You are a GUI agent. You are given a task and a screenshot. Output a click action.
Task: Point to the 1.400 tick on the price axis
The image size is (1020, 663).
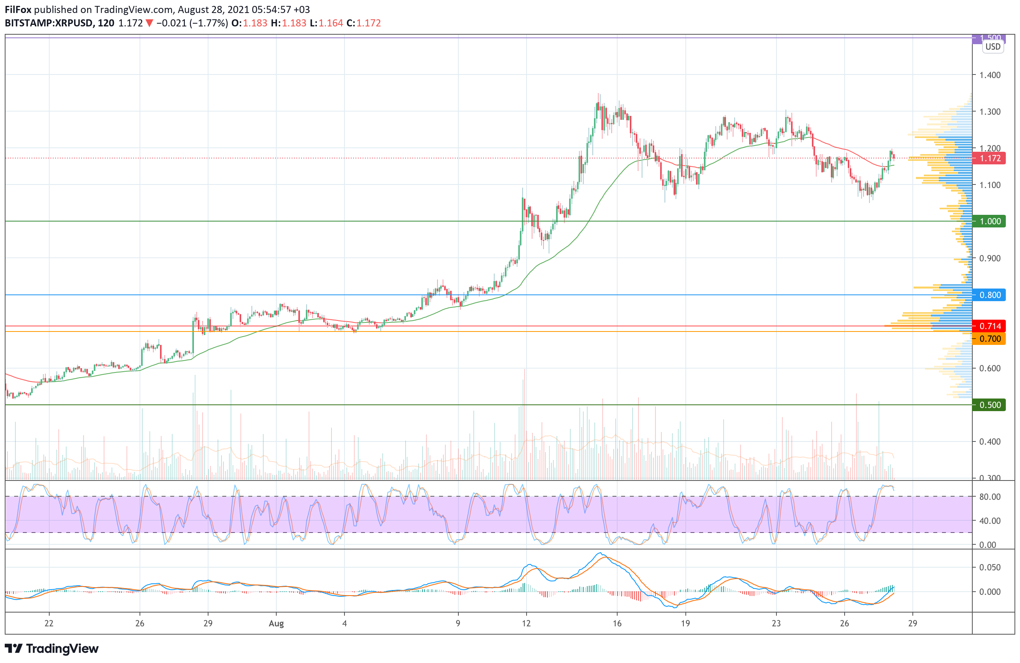[x=990, y=75]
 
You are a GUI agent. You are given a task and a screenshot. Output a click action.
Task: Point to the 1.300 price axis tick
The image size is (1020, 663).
[x=990, y=112]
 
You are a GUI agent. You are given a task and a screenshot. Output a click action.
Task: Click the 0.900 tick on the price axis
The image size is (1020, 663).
[x=990, y=258]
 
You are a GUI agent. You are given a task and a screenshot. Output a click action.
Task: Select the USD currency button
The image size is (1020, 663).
[x=992, y=47]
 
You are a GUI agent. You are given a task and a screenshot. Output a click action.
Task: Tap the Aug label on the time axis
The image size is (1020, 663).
[x=276, y=624]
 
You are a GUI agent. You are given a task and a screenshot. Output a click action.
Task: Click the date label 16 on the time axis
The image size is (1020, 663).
[x=617, y=624]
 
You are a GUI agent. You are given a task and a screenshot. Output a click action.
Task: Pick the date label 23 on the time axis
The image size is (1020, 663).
[x=776, y=624]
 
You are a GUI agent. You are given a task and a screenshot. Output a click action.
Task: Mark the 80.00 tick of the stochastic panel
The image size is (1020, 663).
[x=990, y=497]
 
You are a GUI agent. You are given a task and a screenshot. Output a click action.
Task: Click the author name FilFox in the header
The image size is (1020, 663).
[x=18, y=9]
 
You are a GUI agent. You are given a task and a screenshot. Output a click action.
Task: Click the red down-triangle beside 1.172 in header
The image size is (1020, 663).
[x=149, y=24]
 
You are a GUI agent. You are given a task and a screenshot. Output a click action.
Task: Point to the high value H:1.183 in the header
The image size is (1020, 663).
[x=289, y=23]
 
